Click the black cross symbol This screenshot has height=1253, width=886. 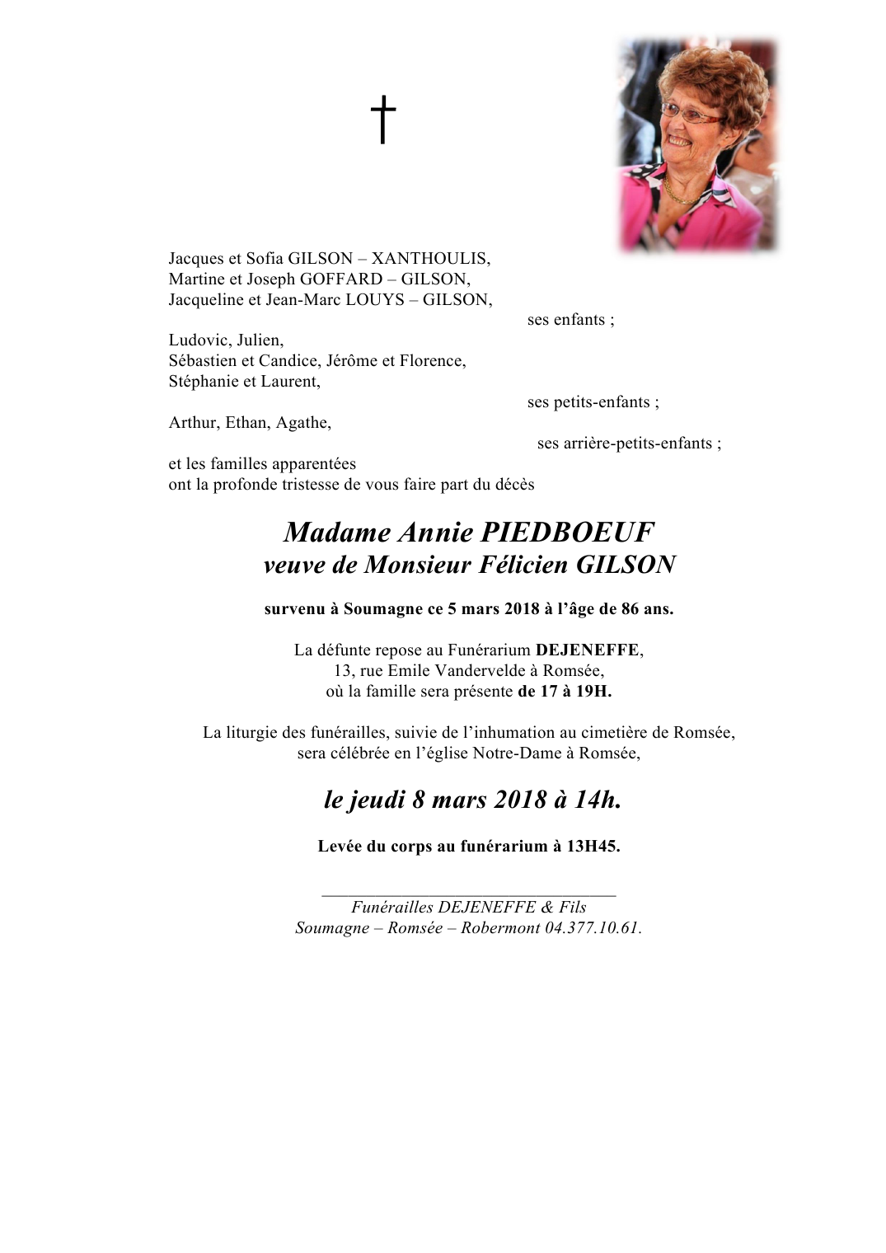point(382,120)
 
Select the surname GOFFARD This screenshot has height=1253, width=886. point(341,279)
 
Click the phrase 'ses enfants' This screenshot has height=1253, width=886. point(570,320)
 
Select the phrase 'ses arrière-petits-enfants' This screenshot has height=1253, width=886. point(629,443)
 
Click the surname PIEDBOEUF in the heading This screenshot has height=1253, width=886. point(567,533)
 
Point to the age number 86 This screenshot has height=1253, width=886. point(630,609)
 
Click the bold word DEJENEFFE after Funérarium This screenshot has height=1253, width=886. point(587,650)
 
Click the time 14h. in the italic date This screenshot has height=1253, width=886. point(598,800)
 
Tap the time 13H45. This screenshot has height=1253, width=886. point(593,847)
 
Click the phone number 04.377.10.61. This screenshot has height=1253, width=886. point(593,928)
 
